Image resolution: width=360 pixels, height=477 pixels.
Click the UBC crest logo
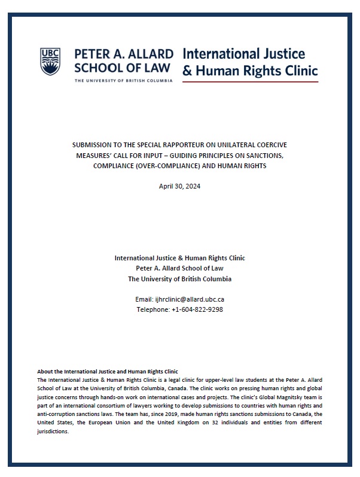(51, 62)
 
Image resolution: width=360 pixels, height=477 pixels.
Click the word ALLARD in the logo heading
(148, 54)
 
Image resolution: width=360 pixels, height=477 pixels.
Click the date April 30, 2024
(179, 187)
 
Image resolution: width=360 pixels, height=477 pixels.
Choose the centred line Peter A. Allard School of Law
(179, 268)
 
